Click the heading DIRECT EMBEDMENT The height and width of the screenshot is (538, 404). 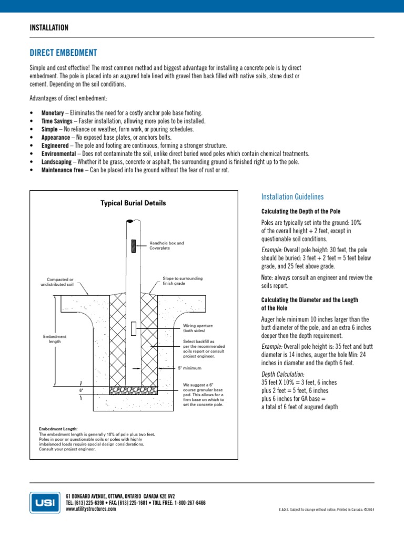[63, 54]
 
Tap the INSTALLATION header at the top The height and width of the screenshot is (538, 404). [49, 27]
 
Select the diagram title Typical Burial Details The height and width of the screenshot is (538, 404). [133, 203]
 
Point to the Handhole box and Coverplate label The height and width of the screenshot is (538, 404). [167, 245]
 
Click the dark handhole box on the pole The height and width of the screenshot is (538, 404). [134, 245]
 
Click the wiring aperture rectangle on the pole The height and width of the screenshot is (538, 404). [134, 328]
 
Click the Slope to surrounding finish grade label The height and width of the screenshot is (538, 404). [183, 281]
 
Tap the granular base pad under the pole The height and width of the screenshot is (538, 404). [134, 390]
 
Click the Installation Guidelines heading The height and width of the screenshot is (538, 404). [292, 196]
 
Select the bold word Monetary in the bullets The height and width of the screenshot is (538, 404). [53, 113]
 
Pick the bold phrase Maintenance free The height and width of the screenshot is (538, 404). [62, 170]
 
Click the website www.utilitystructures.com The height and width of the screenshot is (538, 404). [91, 509]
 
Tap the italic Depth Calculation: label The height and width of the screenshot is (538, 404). [282, 374]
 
